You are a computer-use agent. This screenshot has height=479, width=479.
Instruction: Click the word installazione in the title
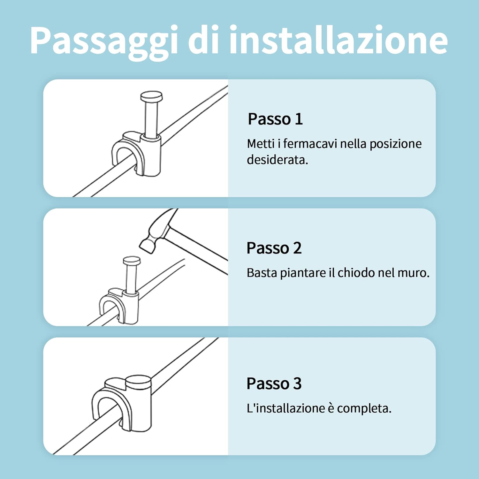coord(338,41)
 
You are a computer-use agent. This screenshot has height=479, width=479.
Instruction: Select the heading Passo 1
coord(275,119)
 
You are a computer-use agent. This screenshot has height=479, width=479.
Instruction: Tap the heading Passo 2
coord(274,248)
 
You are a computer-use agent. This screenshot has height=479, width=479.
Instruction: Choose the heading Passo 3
coord(274,384)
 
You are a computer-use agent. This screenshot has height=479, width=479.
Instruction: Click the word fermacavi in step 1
coord(310,144)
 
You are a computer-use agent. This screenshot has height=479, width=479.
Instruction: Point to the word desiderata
coord(277,160)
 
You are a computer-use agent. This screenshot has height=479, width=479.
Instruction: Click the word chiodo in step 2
coord(356,273)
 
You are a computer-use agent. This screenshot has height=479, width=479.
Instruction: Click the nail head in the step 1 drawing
coord(151,96)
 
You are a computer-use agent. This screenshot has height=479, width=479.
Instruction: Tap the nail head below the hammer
coord(132,261)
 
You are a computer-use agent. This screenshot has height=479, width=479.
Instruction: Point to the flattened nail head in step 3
coord(138,381)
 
